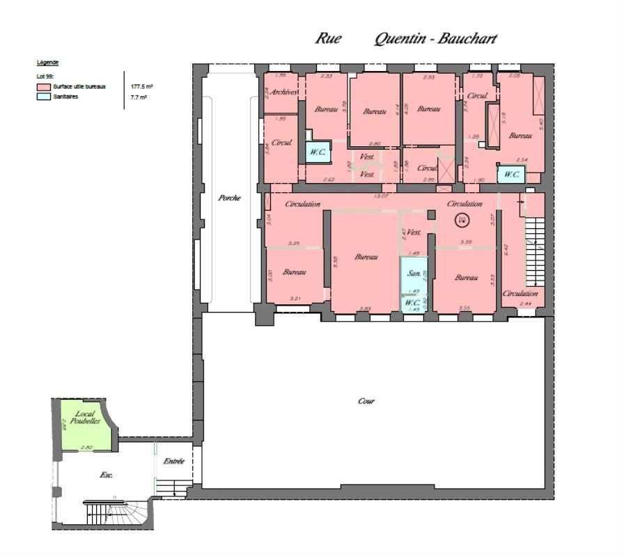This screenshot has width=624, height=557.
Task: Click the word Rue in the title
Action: click(328, 38)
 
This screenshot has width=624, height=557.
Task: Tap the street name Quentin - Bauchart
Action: click(435, 38)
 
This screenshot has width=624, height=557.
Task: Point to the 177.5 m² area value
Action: click(142, 86)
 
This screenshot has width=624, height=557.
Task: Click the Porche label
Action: click(228, 198)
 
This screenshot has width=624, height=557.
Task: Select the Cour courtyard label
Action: click(366, 401)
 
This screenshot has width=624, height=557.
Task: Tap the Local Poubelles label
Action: click(87, 417)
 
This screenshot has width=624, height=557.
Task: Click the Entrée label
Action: click(173, 462)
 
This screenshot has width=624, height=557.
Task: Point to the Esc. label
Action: click(107, 475)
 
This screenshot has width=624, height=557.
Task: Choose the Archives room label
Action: click(284, 92)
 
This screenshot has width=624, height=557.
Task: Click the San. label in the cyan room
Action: click(413, 272)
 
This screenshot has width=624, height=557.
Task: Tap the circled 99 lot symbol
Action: click(462, 220)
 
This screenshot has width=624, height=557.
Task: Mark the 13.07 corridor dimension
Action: click(381, 196)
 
